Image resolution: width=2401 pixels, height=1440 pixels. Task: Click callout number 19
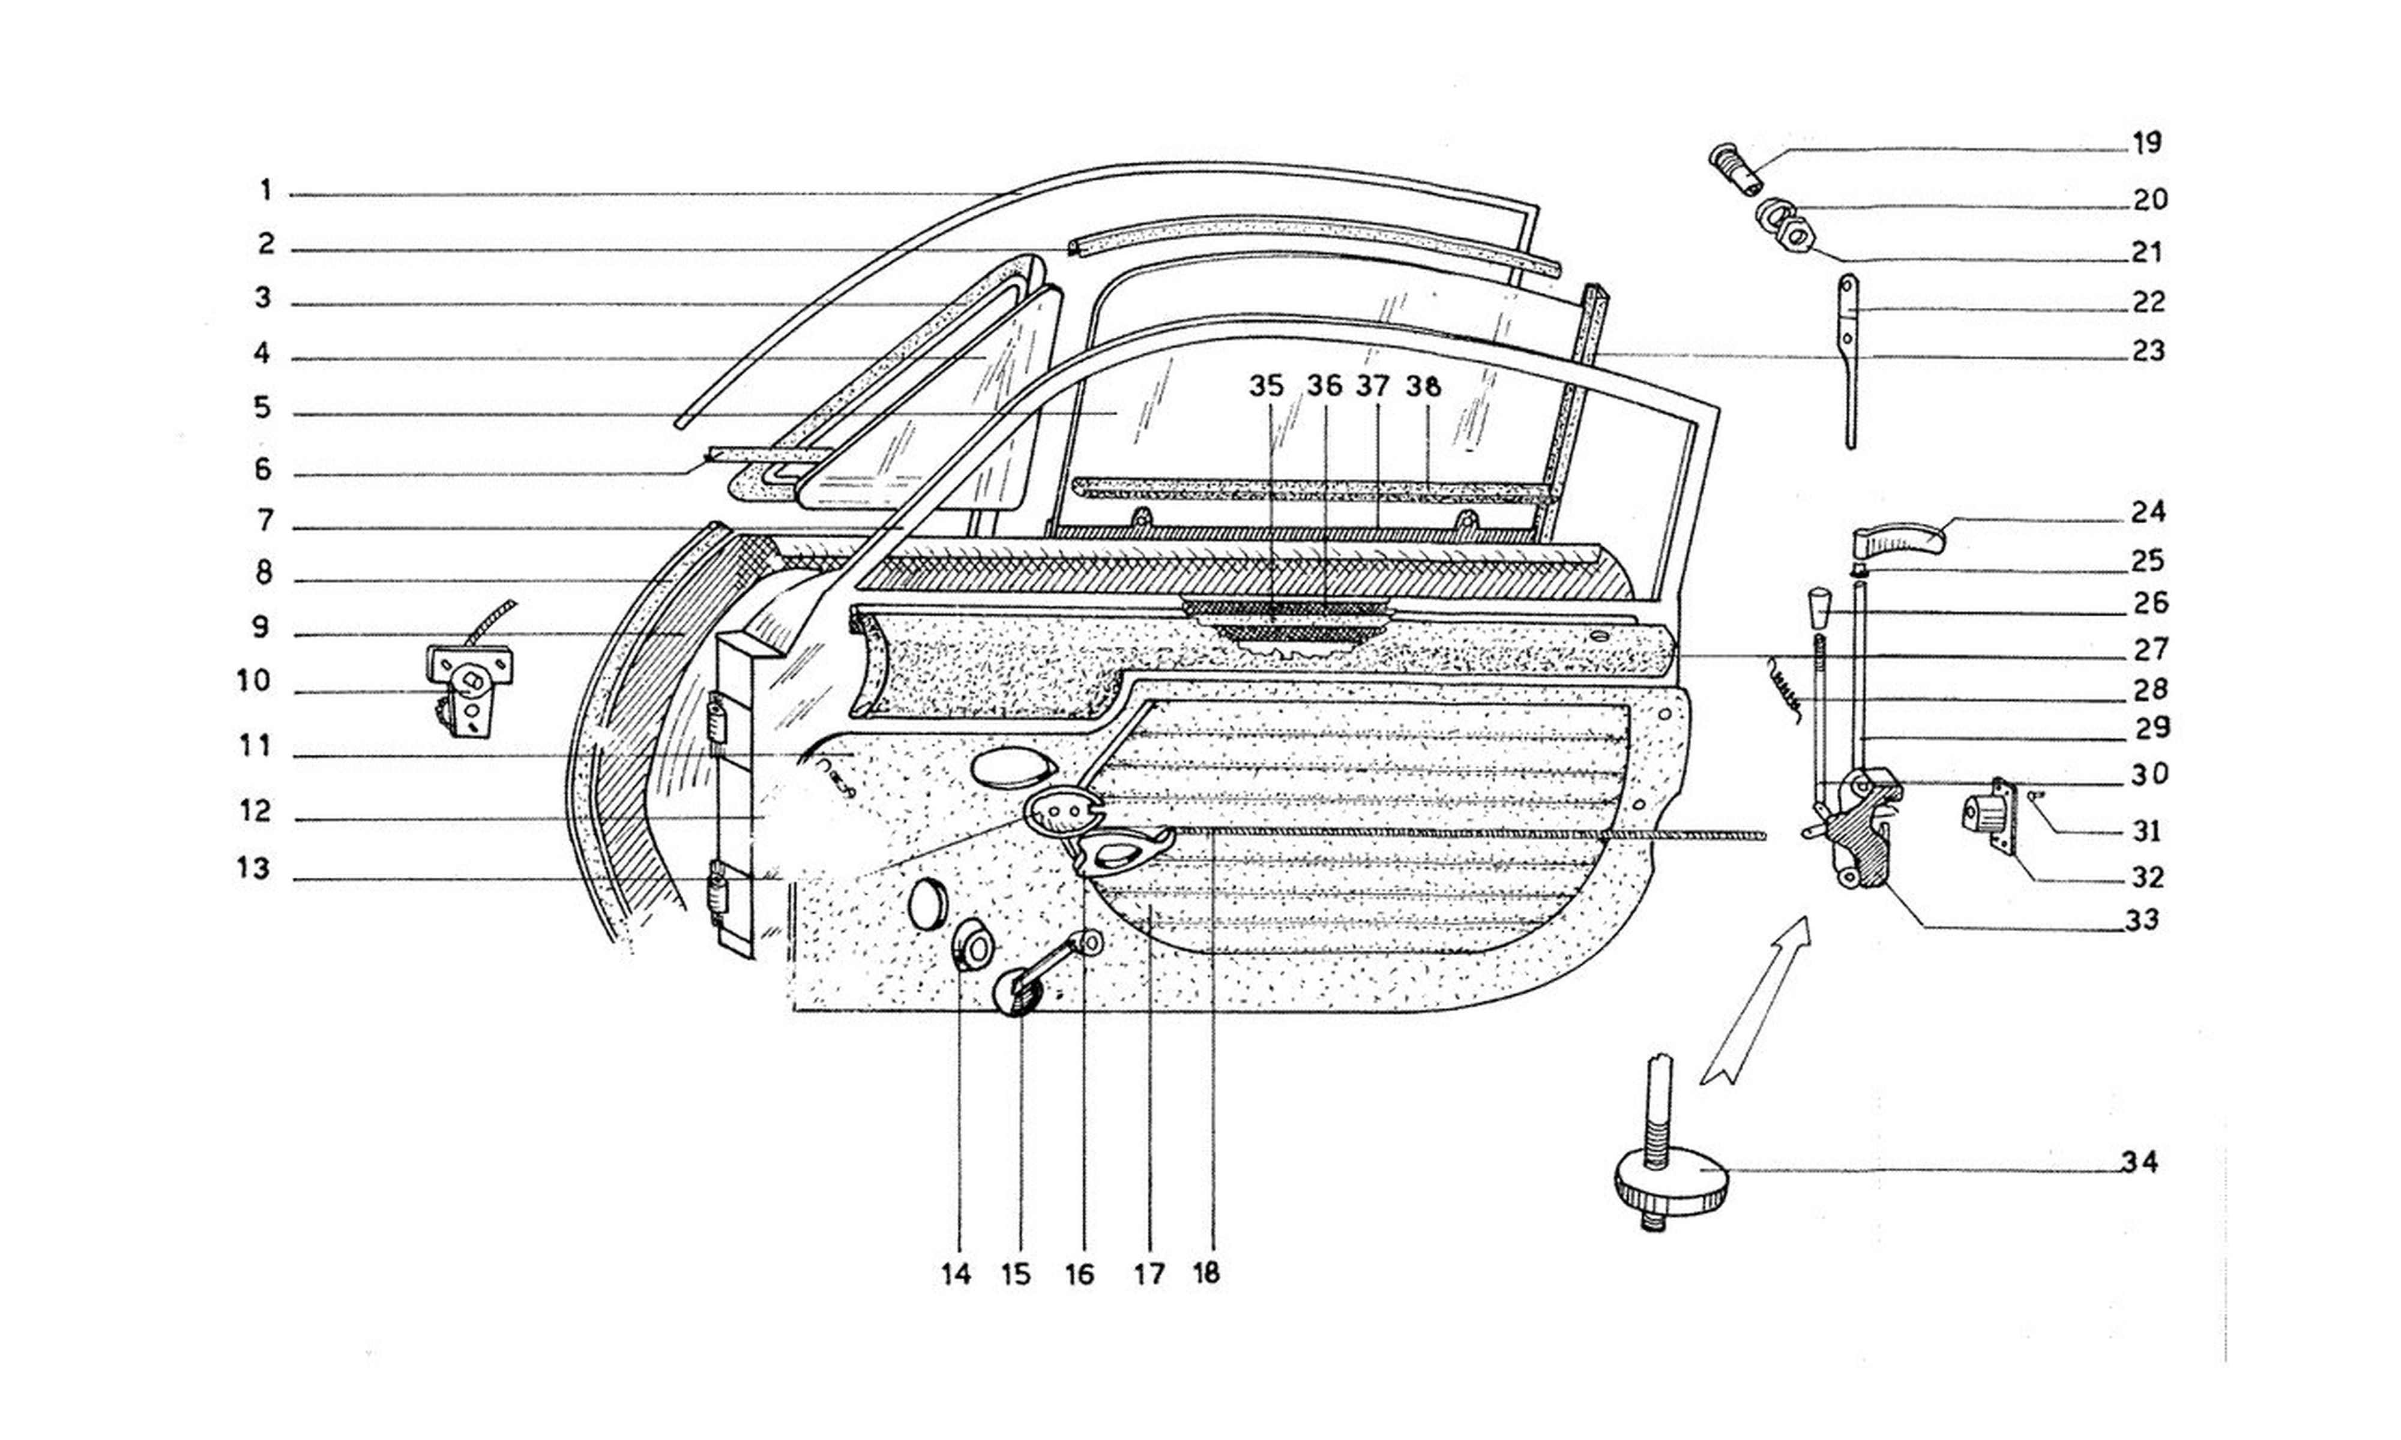[x=2146, y=143]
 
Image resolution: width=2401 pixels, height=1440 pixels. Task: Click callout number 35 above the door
[x=1265, y=386]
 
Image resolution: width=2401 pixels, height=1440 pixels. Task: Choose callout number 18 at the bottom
[x=1205, y=1273]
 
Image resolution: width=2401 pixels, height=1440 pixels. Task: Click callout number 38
[x=1424, y=386]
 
